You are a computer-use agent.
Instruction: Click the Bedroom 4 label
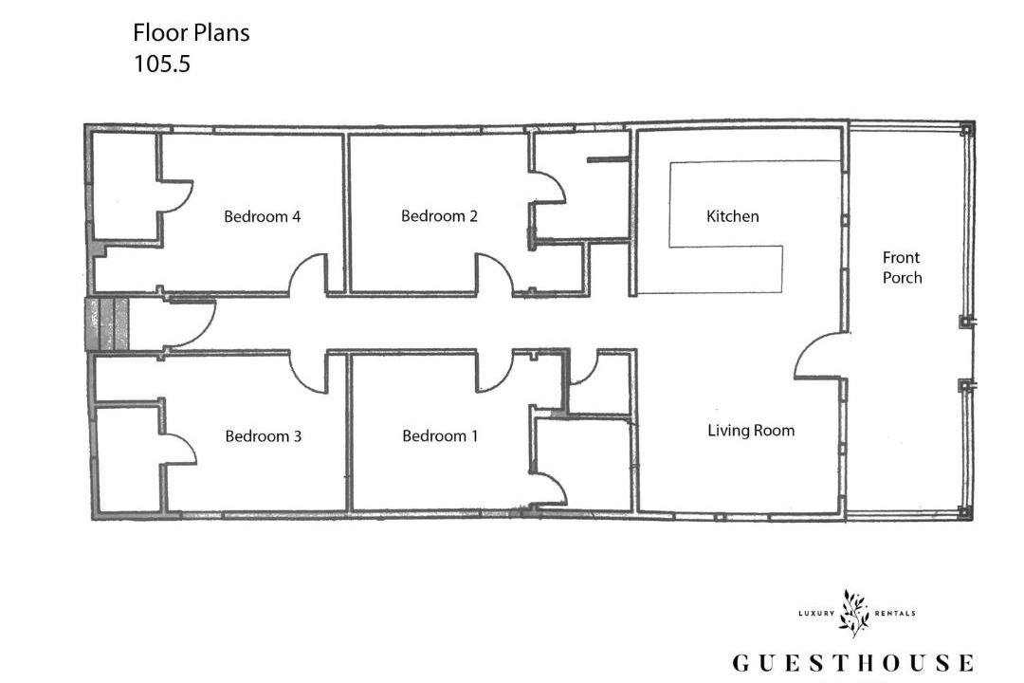point(262,216)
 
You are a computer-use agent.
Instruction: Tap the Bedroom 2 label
point(439,215)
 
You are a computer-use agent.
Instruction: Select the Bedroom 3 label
point(264,436)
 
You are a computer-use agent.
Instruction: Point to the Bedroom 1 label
point(440,436)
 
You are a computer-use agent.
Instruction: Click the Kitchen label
point(732,216)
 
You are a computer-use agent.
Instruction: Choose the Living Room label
point(751,431)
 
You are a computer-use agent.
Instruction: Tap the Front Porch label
point(902,268)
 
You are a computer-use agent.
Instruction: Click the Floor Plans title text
point(192,32)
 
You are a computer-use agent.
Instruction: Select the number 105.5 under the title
point(162,65)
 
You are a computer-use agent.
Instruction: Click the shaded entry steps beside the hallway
point(107,324)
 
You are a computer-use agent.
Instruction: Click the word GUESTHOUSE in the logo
point(853,663)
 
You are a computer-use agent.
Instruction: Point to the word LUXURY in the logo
point(816,613)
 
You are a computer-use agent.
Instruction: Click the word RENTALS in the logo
point(895,613)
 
